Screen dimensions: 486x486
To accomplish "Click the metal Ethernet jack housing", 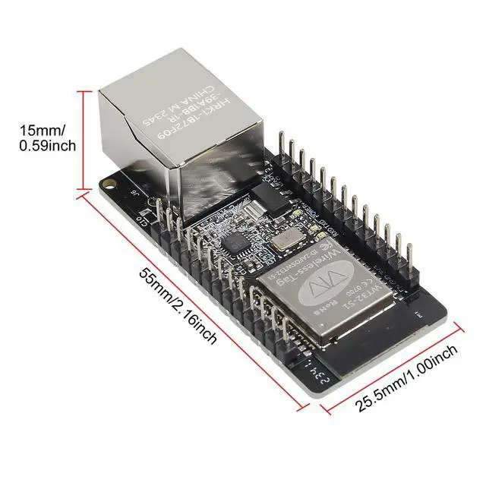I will tap(182, 129).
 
